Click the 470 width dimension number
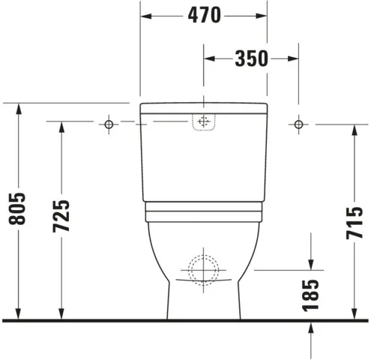click(205, 14)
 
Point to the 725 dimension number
click(63, 216)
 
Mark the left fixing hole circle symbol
click(109, 121)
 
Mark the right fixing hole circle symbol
click(298, 121)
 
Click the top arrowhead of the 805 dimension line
click(19, 106)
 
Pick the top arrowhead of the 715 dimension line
click(353, 127)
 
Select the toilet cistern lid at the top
click(204, 106)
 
